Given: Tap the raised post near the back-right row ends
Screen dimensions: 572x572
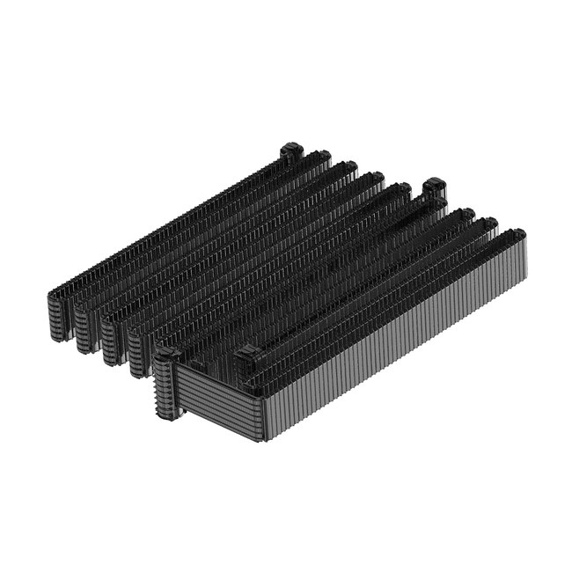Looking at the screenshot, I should [x=434, y=187].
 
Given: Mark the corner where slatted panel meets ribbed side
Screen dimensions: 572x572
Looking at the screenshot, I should [x=260, y=414].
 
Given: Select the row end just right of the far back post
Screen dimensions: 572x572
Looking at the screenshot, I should [x=322, y=159].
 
